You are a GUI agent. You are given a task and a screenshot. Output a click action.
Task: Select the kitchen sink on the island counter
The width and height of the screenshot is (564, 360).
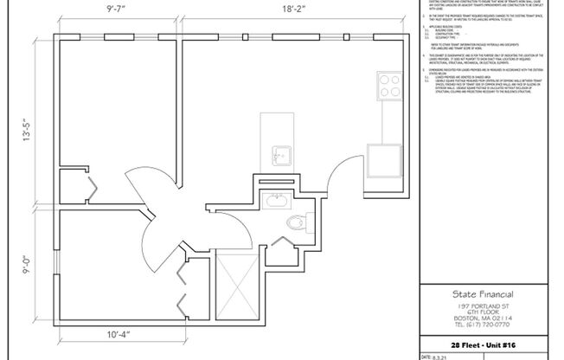279,156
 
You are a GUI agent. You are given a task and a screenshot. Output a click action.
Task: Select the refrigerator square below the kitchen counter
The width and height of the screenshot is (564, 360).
381,159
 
